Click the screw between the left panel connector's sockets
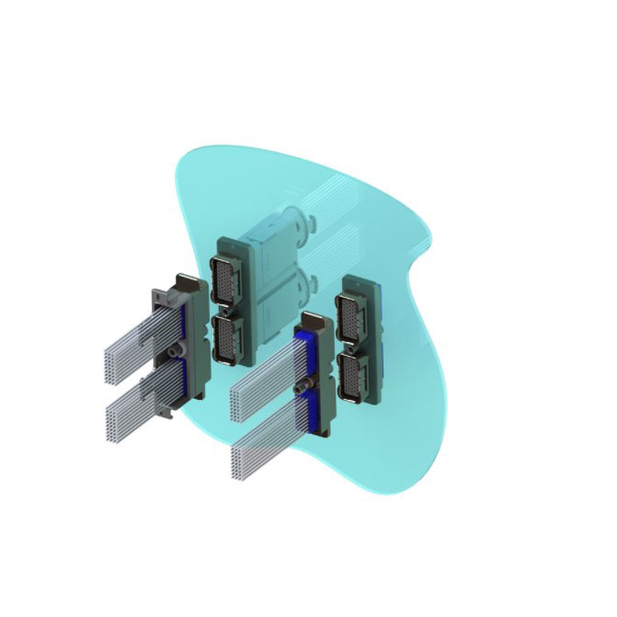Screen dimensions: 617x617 [x=227, y=310]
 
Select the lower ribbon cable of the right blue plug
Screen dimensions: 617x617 [x=262, y=441]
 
